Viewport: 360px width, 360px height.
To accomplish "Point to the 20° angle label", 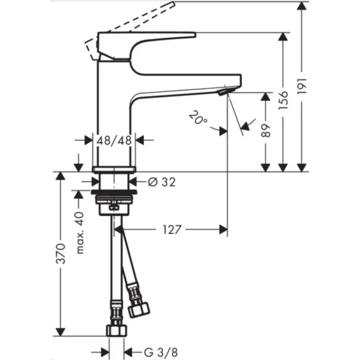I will [197, 119].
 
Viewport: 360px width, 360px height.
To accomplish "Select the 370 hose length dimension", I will [61, 253].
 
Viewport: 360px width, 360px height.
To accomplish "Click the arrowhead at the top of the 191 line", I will [301, 5].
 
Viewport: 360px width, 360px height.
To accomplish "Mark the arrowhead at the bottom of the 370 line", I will [61, 332].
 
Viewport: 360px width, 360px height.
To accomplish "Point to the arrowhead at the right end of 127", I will [223, 229].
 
